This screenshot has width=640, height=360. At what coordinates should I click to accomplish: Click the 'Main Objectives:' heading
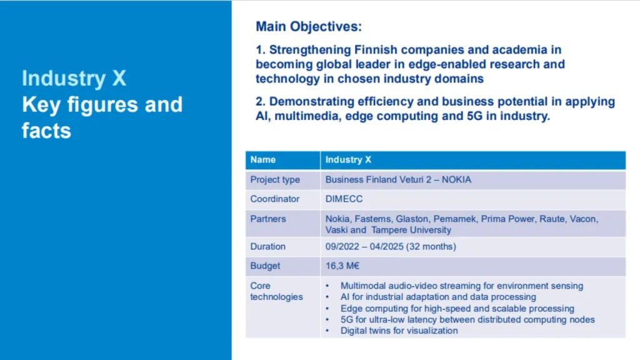(x=309, y=26)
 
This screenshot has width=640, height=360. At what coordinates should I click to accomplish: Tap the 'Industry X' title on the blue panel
(x=74, y=78)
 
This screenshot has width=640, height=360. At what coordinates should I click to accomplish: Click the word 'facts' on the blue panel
(x=46, y=131)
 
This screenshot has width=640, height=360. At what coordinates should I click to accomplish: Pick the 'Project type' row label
(x=275, y=179)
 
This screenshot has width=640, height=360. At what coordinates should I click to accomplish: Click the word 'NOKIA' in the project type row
(x=456, y=179)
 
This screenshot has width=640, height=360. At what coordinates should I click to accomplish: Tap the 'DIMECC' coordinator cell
(x=344, y=199)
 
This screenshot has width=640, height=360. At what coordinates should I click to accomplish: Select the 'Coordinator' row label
(x=275, y=199)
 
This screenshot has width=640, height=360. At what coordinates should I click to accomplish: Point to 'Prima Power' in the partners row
(x=507, y=219)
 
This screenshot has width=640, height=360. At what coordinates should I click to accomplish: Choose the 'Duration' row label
(x=267, y=246)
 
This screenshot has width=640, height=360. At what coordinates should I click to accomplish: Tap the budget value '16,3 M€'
(x=342, y=266)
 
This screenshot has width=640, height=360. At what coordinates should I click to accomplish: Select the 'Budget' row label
(x=265, y=266)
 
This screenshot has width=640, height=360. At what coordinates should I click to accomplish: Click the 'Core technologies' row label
(x=276, y=291)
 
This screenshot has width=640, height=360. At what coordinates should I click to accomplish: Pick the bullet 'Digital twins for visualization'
(x=399, y=331)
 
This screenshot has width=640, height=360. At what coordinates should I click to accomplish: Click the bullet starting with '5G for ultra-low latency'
(x=467, y=319)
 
